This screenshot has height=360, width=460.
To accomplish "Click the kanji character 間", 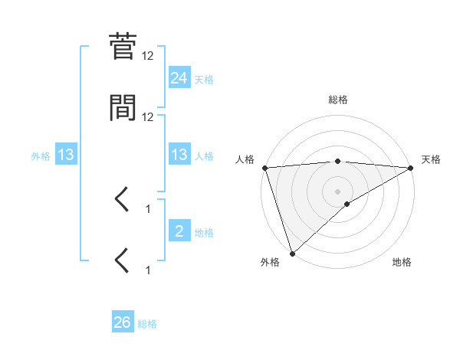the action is (x=123, y=109).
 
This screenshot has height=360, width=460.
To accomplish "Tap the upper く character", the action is (x=123, y=201).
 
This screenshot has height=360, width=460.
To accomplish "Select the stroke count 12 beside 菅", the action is (x=148, y=56).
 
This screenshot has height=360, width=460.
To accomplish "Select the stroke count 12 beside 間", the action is (x=148, y=117).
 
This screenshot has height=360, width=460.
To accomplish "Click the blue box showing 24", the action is (x=179, y=78).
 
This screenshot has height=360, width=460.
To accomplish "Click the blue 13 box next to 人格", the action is (x=179, y=155).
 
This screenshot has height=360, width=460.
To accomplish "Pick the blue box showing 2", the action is (x=179, y=231).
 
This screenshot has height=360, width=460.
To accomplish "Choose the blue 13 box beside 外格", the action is (x=66, y=155).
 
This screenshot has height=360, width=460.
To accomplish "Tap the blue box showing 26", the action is (x=122, y=323).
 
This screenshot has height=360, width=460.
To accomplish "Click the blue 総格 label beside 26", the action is (x=147, y=324).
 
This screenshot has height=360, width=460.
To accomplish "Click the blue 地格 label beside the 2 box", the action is (x=204, y=232).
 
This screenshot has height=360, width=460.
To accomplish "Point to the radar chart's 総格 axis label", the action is (x=338, y=100).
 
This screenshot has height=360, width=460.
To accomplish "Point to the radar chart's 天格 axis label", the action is (x=432, y=159).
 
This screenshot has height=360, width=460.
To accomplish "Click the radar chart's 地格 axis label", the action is (x=402, y=262).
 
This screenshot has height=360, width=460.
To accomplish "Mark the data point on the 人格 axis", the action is (x=264, y=168).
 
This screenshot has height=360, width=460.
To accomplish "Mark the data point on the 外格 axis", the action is (x=292, y=253).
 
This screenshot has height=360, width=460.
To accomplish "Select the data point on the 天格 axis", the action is (x=411, y=168).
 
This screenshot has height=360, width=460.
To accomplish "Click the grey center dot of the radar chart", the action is (x=338, y=191).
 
